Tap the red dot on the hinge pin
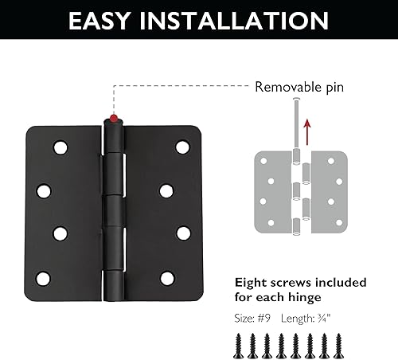pos(114,119)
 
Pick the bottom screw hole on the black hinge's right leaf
pos(166,278)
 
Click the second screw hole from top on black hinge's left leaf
pos(45,190)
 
